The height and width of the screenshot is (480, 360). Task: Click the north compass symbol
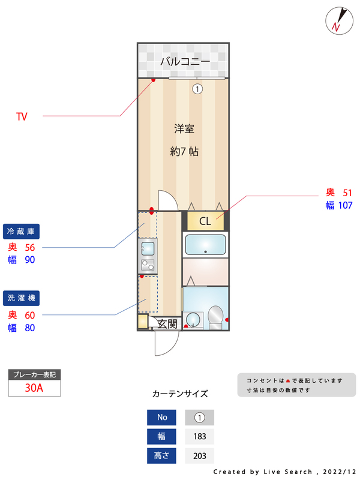click(338, 20)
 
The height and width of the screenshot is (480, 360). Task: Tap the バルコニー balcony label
click(185, 62)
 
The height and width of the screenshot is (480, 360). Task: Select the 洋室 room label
click(184, 128)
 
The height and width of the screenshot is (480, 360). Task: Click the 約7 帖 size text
click(184, 151)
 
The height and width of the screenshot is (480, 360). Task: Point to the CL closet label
click(205, 221)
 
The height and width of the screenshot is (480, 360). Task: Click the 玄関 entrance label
click(167, 324)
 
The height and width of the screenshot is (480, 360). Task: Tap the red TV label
click(22, 116)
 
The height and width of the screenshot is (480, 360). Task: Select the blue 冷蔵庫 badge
click(25, 231)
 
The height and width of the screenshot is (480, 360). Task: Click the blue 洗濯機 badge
click(25, 298)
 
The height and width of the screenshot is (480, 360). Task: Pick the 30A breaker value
click(34, 388)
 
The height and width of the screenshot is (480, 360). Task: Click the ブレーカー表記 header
click(34, 374)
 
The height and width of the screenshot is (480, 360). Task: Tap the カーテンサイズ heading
click(180, 394)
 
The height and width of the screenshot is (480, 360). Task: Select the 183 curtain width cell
click(199, 436)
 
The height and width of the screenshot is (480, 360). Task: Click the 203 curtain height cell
click(199, 455)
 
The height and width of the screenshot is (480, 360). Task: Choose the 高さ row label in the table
click(162, 455)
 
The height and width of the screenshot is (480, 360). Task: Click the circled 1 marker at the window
click(197, 89)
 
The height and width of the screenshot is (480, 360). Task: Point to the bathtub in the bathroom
click(205, 245)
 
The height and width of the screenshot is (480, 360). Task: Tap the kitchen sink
click(147, 248)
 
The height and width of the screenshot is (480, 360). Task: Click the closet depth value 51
click(347, 193)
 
